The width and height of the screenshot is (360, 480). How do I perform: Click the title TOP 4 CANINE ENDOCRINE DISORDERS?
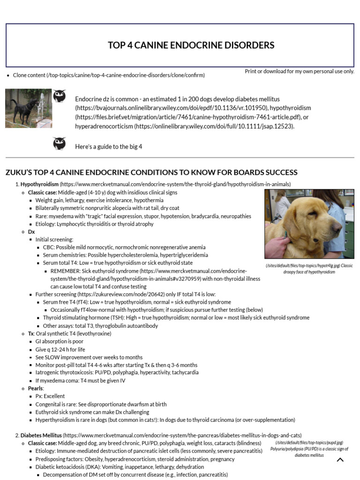tap(191, 45)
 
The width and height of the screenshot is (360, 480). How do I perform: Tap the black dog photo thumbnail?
tap(29, 108)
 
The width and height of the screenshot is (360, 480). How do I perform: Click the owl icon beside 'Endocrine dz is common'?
tap(60, 97)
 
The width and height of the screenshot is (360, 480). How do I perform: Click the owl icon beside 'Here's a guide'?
tap(60, 143)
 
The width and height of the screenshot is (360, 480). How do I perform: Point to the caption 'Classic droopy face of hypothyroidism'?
tap(309, 269)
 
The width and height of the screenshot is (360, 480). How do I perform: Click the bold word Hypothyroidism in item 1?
tap(40, 185)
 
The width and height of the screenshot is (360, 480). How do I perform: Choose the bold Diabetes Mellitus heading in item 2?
tap(41, 435)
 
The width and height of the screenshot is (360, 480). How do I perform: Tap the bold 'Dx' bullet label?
tap(31, 232)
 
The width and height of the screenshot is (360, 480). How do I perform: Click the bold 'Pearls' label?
tap(35, 388)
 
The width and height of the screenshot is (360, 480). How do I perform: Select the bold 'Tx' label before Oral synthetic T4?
tap(31, 334)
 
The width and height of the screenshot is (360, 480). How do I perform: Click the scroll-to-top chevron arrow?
tap(340, 460)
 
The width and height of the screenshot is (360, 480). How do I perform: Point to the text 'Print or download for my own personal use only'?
tap(300, 71)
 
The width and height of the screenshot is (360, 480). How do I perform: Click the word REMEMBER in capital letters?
tap(66, 271)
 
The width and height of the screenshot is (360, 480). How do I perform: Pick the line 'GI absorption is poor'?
tap(60, 341)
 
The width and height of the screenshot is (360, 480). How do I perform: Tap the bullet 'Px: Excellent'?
tap(50, 396)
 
